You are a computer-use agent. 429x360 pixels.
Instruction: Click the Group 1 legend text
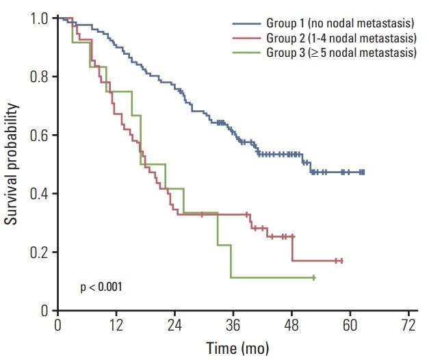340,24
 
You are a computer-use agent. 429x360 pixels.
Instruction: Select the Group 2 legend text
341,38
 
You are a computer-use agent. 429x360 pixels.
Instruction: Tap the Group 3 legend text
341,51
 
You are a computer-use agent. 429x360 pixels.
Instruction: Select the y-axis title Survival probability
12,164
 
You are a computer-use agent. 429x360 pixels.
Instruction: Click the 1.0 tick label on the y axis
39,18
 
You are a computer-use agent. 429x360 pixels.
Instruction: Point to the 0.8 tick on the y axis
39,77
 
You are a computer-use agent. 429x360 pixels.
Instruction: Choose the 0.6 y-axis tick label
39,136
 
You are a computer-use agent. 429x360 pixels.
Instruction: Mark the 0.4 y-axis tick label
39,194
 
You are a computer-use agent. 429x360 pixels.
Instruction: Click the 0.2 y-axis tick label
39,253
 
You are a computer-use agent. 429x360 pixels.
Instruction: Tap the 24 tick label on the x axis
174,322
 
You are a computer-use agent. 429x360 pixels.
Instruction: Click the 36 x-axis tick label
233,322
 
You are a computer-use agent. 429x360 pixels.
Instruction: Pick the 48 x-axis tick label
292,322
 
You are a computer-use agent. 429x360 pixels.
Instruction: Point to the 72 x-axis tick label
409,322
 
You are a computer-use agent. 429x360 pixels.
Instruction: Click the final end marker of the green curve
313,277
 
